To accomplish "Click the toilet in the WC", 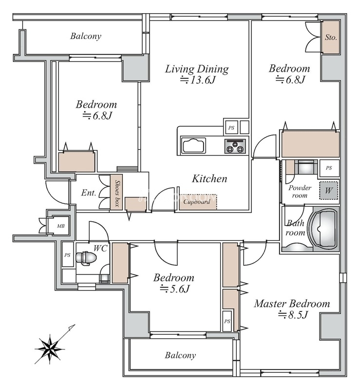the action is coord(86,258).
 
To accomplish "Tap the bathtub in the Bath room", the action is coord(323,228).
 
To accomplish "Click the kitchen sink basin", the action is coord(193,145).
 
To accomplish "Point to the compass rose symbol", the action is coord(50,348).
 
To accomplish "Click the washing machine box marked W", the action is coord(329,191).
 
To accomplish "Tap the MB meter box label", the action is coord(61,226).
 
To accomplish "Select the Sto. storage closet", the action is coord(331,38).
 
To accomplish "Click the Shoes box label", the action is coord(117,194).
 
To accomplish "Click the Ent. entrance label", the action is coord(89,193).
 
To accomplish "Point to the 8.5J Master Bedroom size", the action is coord(293,315).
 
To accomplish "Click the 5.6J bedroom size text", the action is coord(174,289).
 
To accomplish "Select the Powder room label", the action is coord(300,191).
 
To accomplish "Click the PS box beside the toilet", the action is coord(67,254).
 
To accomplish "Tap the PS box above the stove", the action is coord(231,128).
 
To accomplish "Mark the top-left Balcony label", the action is coord(86,36).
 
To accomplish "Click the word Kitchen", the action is coord(209,179).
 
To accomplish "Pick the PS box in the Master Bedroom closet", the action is coord(227,321).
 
